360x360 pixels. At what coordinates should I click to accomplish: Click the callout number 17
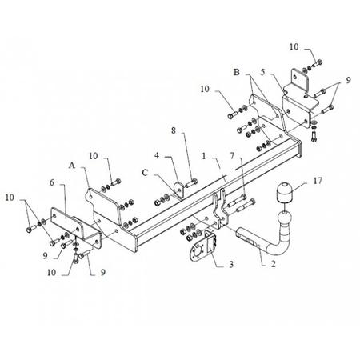[x=318, y=181]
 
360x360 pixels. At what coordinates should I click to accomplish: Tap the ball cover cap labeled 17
[x=283, y=193]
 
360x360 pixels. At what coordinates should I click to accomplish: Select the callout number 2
[x=273, y=264]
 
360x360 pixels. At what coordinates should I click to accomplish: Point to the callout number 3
[x=231, y=264]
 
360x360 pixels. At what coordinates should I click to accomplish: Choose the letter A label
[x=72, y=166]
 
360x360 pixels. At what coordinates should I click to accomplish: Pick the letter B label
[x=237, y=72]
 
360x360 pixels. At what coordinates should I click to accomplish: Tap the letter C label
[x=145, y=173]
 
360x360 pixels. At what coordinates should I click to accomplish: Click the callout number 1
[x=204, y=156]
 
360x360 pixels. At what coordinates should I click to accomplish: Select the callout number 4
[x=157, y=155]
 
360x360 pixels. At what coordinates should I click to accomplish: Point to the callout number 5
[x=263, y=72]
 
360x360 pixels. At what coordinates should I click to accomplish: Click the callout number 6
[x=52, y=182]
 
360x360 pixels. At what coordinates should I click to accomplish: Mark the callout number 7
[x=232, y=155]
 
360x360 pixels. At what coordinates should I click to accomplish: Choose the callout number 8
[x=174, y=130]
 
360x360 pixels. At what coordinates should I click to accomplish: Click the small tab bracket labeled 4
[x=179, y=190]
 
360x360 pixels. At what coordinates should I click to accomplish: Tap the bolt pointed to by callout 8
[x=191, y=183]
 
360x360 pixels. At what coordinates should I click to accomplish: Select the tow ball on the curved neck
[x=285, y=220]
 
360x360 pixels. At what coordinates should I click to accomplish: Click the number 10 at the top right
[x=294, y=47]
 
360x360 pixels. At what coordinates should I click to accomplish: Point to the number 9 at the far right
[x=349, y=80]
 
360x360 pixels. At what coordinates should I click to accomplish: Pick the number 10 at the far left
[x=10, y=198]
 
